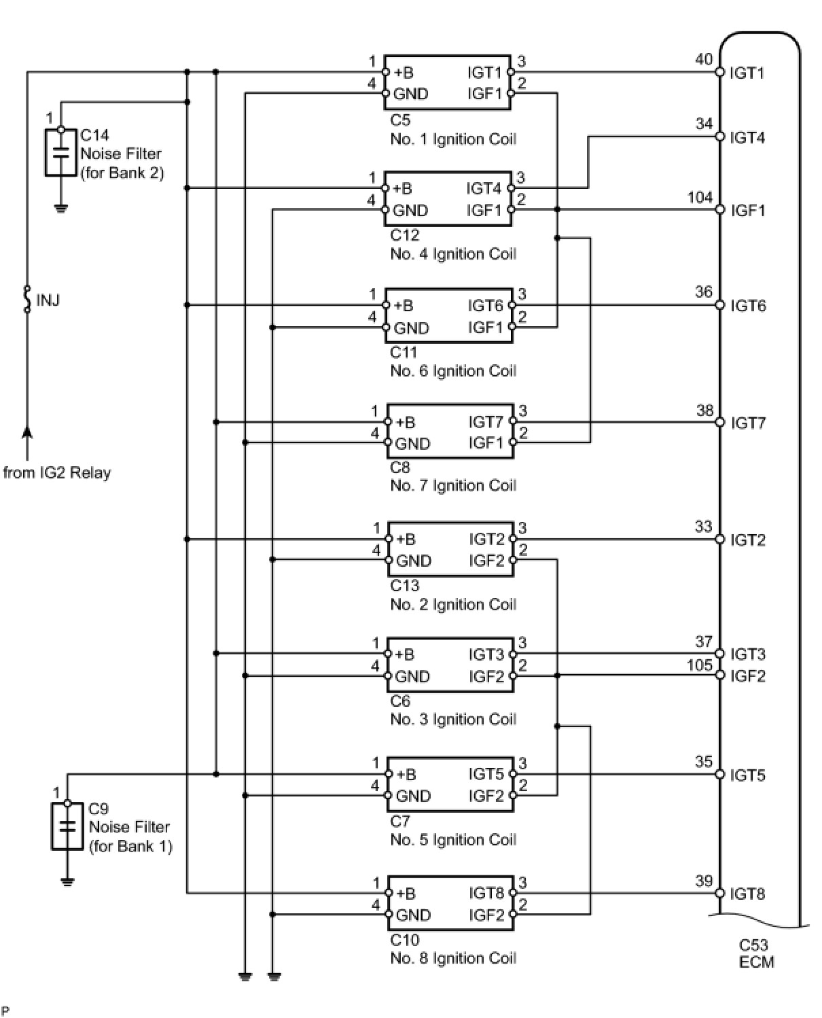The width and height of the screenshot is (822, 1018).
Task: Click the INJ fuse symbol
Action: point(27,300)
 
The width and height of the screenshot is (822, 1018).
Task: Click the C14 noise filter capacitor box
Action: point(60,152)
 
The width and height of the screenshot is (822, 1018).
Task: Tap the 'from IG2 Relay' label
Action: point(57,473)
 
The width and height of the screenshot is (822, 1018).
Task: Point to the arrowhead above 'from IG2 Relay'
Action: point(27,432)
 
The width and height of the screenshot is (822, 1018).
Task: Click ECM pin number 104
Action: point(700,197)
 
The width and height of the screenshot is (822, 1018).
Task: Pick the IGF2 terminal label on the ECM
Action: point(748,676)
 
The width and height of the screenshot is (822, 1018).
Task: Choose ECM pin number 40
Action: point(704,59)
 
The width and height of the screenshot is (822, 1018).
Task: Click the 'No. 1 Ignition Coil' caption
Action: point(453,139)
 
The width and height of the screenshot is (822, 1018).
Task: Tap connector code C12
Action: point(405,235)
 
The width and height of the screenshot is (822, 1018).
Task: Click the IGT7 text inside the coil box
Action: point(486,422)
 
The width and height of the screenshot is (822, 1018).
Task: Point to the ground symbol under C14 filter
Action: point(60,209)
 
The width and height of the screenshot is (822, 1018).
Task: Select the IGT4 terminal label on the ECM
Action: point(747,138)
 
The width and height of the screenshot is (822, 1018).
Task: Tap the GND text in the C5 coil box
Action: point(411,94)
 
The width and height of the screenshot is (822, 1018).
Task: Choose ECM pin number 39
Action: point(704,881)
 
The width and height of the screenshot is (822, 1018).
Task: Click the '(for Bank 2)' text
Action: point(122,173)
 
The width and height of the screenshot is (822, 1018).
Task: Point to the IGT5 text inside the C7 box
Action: point(486,774)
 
